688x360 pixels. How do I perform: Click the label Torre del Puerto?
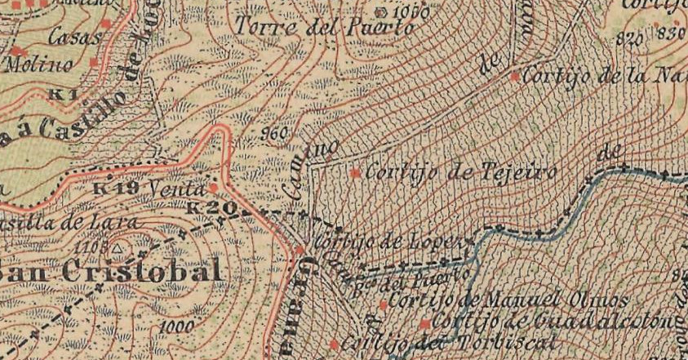click(x=325, y=27)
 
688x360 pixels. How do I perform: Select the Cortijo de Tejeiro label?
click(x=460, y=173)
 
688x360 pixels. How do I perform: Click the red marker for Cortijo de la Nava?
click(x=515, y=77)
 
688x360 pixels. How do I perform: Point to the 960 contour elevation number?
click(x=278, y=132)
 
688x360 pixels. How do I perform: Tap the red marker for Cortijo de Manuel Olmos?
click(x=384, y=304)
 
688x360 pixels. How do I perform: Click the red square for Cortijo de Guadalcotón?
click(x=424, y=324)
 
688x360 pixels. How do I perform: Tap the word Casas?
click(x=75, y=37)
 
